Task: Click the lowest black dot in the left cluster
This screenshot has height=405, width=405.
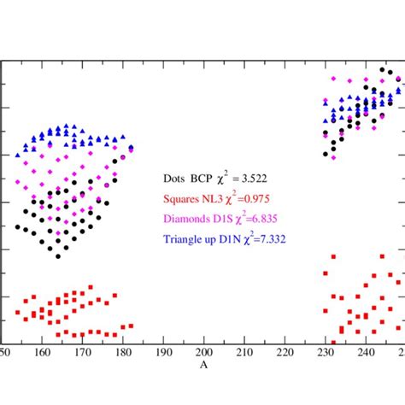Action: pyautogui.click(x=58, y=256)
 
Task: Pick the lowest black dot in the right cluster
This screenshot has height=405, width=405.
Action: pyautogui.click(x=326, y=155)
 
